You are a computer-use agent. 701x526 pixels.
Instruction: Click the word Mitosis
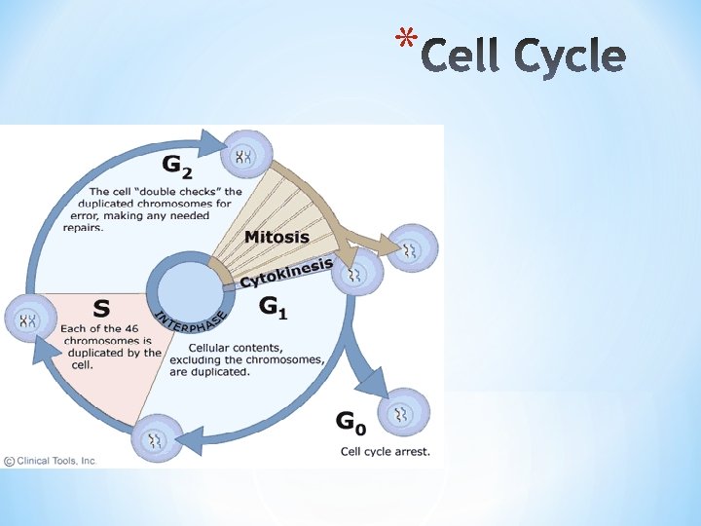click(277, 237)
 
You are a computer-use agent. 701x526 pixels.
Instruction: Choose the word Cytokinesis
click(287, 272)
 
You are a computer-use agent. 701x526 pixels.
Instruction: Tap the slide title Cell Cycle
click(524, 56)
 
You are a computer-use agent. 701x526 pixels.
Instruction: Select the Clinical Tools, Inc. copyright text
click(51, 461)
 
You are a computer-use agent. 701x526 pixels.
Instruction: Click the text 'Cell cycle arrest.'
click(385, 451)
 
